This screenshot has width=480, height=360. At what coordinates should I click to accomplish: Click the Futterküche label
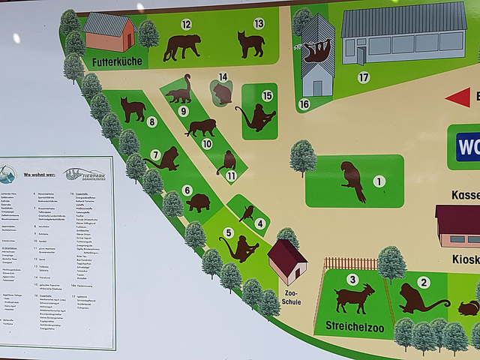(x=116, y=61)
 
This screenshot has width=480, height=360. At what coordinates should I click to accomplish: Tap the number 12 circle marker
(x=186, y=25)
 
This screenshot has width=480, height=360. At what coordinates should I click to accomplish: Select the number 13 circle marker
(x=259, y=23)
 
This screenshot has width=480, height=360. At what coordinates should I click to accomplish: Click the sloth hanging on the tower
(x=317, y=52)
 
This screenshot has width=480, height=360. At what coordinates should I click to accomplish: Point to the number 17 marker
(x=364, y=77)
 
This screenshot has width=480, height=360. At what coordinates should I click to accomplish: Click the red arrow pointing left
(x=457, y=97)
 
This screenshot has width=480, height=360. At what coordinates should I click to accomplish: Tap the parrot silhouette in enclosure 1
(x=352, y=181)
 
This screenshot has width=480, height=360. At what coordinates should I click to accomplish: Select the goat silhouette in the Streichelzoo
(x=354, y=297)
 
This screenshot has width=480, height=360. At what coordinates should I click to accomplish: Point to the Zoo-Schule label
(x=291, y=297)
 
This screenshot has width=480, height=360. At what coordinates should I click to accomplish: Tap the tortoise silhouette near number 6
(x=198, y=202)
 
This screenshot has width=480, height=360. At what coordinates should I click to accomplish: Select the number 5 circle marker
(x=228, y=233)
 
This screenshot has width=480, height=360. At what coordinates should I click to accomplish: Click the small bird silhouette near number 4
(x=246, y=214)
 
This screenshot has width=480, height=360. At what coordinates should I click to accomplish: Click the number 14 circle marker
(x=223, y=77)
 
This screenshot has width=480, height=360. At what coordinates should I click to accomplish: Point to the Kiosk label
(x=465, y=259)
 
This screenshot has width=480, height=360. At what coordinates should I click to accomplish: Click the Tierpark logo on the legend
(x=84, y=174)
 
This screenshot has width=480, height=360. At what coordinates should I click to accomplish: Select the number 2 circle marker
(x=424, y=282)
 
